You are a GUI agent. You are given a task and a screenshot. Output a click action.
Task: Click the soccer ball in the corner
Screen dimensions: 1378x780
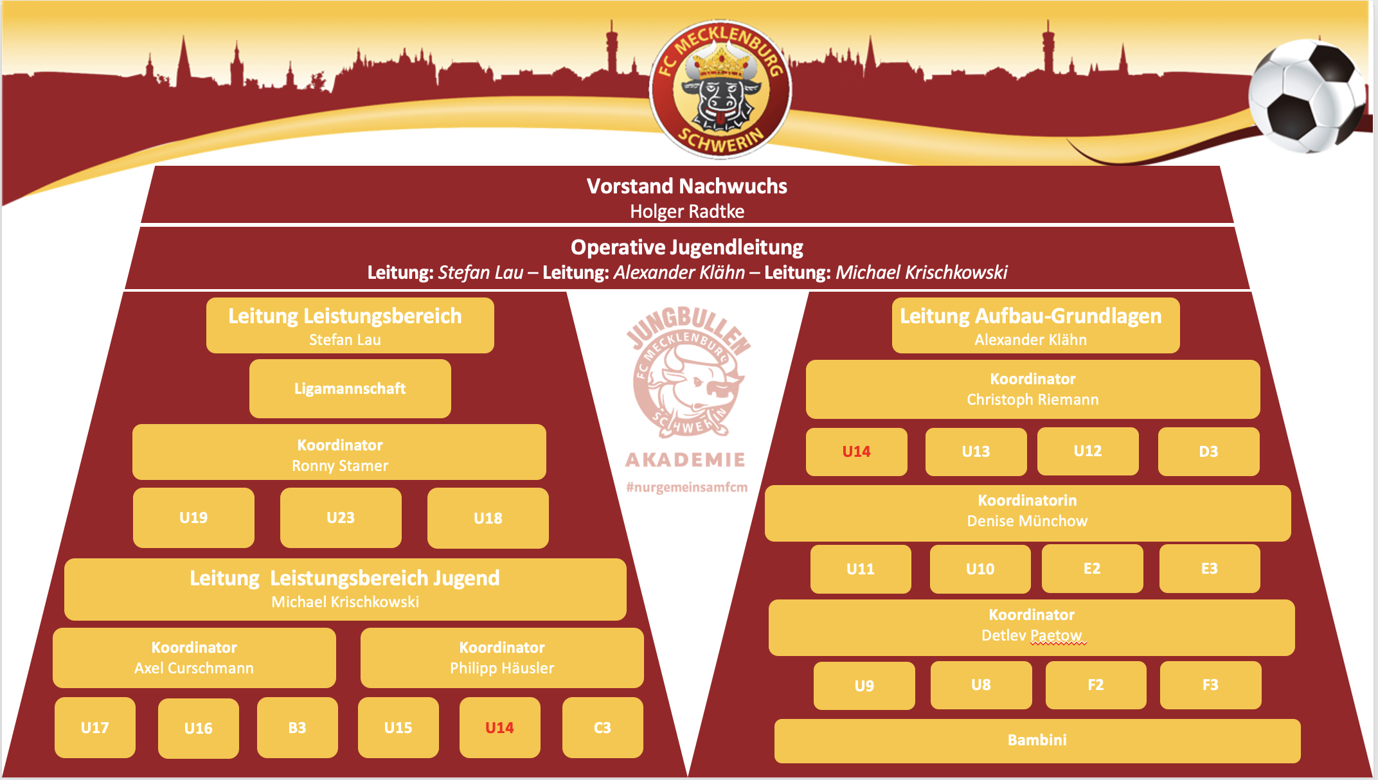1308,96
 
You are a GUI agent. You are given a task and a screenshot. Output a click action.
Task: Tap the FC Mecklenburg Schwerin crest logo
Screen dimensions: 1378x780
720,89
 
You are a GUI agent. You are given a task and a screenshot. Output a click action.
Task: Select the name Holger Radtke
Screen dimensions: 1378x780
687,211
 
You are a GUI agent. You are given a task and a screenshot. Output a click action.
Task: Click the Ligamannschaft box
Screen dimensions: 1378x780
350,389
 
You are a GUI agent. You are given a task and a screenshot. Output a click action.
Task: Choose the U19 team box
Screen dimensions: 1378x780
193,518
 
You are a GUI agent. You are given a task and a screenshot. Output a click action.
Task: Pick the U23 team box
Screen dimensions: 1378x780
341,518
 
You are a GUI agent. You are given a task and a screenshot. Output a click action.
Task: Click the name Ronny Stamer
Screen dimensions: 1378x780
340,466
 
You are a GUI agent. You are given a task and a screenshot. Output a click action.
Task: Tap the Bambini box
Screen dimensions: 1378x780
1037,741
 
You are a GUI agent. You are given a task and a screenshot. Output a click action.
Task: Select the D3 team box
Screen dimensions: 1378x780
1208,452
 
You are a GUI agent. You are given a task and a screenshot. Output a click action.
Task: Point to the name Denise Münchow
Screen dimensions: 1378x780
1027,521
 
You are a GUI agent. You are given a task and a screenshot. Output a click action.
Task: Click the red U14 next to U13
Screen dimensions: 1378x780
856,452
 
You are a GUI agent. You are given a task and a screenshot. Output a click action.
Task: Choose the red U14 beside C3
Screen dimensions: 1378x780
499,728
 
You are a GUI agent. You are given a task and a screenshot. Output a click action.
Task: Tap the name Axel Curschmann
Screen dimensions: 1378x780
194,668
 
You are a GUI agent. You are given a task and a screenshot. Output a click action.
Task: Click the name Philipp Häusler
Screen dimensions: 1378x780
502,668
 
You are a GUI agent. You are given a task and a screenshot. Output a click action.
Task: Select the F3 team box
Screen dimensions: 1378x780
1210,686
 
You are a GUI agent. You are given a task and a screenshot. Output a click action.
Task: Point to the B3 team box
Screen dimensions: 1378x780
297,728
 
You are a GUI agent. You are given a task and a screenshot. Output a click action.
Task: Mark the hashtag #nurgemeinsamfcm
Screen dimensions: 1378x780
687,487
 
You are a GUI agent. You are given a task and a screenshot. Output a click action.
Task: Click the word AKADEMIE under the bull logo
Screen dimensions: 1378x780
686,459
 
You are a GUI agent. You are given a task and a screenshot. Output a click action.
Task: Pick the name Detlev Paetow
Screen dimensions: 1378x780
1032,635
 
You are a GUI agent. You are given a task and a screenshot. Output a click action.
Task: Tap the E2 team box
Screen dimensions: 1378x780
1092,569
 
